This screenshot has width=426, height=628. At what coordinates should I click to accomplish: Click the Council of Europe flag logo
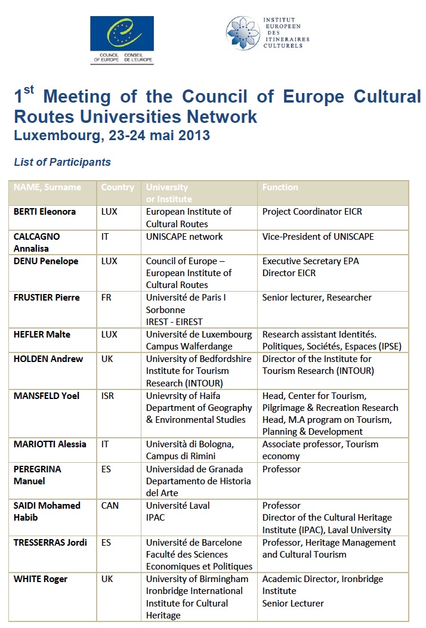(122, 34)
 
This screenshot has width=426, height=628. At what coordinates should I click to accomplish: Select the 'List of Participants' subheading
(62, 162)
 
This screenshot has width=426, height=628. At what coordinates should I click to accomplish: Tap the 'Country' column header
(118, 187)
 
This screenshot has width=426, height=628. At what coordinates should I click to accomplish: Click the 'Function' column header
(280, 187)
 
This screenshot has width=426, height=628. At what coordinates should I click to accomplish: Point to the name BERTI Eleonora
(45, 212)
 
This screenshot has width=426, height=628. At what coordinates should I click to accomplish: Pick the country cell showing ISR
(109, 395)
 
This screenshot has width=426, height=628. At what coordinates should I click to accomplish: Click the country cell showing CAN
(110, 505)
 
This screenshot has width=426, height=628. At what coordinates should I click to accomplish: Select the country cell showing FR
(107, 298)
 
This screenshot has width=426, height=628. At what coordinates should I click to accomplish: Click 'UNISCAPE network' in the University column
(184, 236)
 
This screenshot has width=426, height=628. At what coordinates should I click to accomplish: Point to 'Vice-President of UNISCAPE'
(318, 236)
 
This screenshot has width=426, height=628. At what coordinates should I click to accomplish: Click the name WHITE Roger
(41, 579)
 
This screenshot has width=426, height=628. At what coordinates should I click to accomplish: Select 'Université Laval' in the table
(178, 505)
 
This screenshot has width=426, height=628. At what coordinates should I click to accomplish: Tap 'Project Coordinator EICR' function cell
(312, 212)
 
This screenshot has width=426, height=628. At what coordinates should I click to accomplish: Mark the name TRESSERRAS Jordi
(50, 542)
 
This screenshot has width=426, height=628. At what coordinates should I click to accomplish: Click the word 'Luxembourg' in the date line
(57, 135)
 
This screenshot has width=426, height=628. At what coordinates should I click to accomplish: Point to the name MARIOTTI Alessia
(50, 444)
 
